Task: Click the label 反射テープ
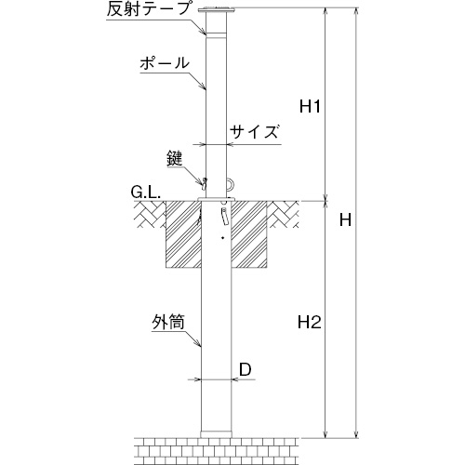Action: tap(148, 9)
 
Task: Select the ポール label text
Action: tap(165, 63)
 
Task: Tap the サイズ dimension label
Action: tap(254, 132)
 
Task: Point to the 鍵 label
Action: tap(175, 159)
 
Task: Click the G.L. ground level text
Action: tap(145, 193)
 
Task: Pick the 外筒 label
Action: tap(168, 323)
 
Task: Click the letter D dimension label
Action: tap(246, 369)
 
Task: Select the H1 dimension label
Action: tap(310, 107)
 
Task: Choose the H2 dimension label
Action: tap(309, 323)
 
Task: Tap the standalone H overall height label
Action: tap(345, 219)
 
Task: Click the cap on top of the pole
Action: tap(217, 11)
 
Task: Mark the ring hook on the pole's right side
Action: tap(231, 184)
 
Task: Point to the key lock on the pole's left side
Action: tap(204, 184)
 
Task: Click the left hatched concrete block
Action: tap(183, 234)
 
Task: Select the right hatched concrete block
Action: tap(249, 234)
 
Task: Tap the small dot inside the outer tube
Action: tap(222, 238)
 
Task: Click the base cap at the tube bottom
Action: tap(216, 434)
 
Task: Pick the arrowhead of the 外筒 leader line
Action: tap(198, 343)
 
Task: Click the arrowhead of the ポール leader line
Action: tap(204, 86)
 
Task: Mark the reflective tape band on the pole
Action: tap(217, 35)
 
